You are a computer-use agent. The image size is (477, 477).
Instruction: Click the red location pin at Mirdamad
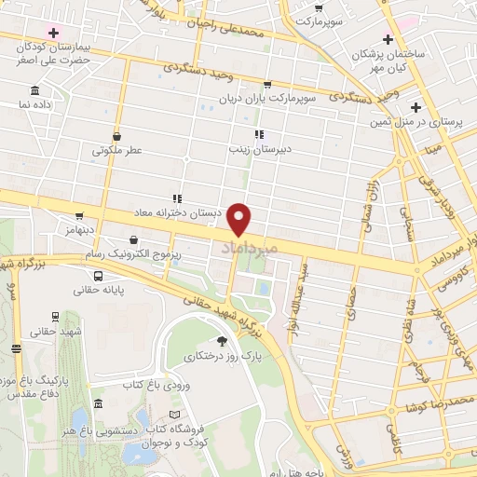pos(240,219)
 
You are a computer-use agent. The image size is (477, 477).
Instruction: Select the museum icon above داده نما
pos(34,90)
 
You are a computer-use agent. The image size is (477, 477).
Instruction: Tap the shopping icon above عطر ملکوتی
pos(116,134)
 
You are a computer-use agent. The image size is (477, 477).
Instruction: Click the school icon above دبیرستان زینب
pos(258,133)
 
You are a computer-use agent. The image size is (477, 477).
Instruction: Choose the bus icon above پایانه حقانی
pos(98,276)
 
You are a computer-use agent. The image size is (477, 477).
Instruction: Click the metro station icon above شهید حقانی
pos(55,317)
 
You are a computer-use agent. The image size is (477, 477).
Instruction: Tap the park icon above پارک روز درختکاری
pos(221,341)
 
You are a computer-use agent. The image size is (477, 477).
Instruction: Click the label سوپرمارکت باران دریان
pos(280,98)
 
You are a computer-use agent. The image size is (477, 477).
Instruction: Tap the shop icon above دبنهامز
pos(79,214)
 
